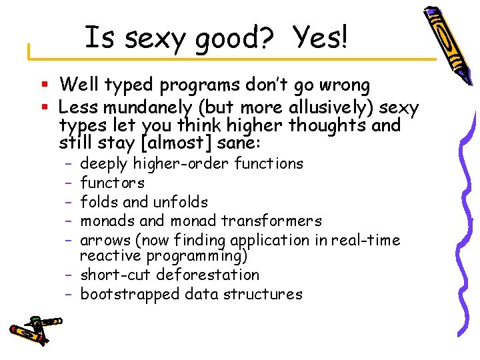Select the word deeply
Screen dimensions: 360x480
tap(104, 164)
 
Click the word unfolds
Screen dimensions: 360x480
tap(180, 202)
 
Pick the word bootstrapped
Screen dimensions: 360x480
tap(130, 294)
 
